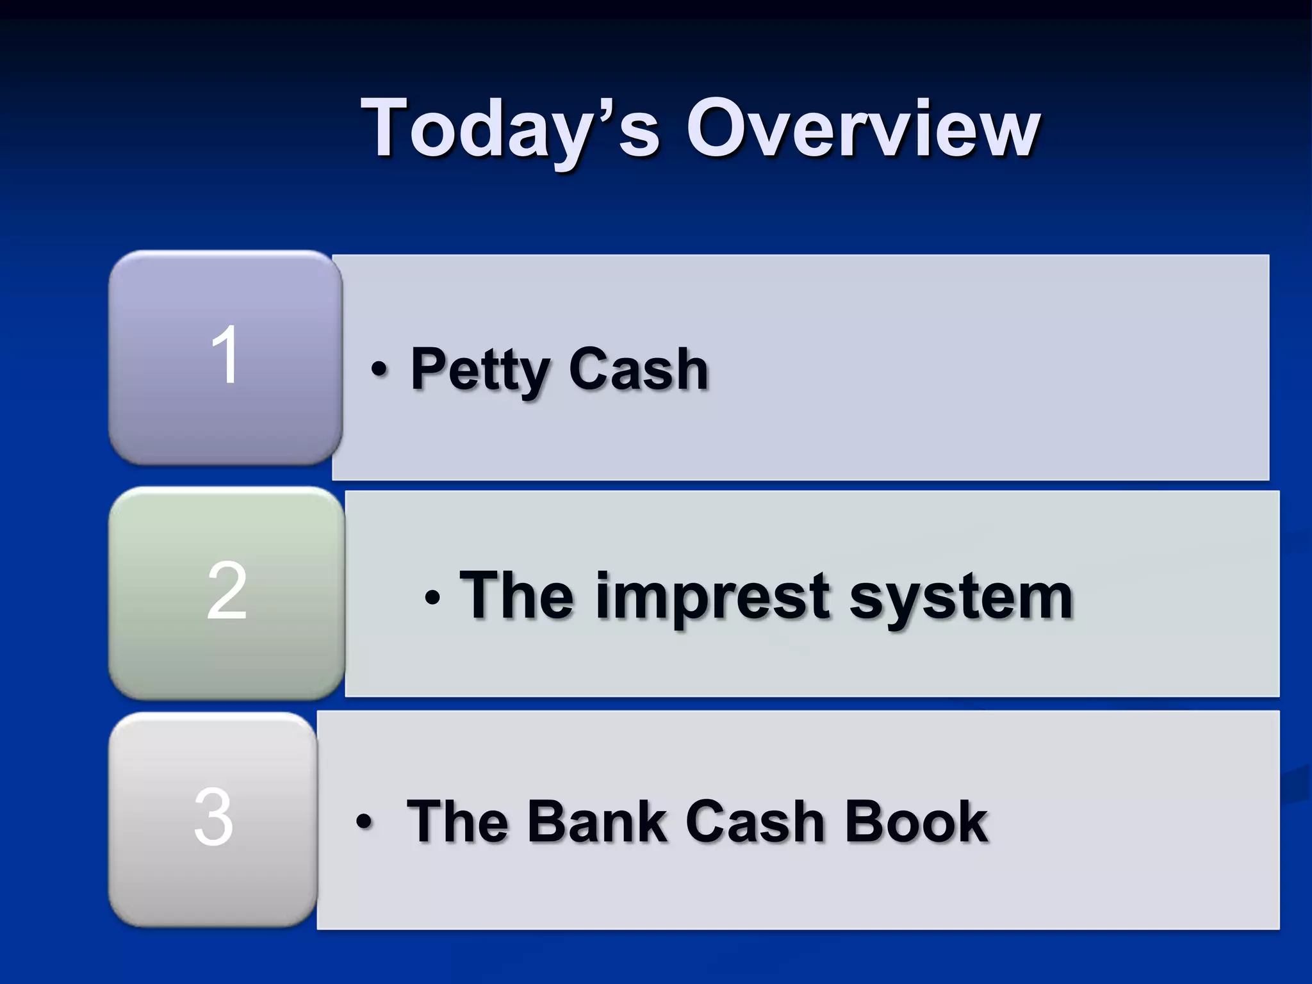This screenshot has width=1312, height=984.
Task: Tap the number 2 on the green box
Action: (226, 591)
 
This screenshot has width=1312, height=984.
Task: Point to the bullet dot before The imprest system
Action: (432, 598)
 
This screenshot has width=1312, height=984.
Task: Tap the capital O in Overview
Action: (717, 127)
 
